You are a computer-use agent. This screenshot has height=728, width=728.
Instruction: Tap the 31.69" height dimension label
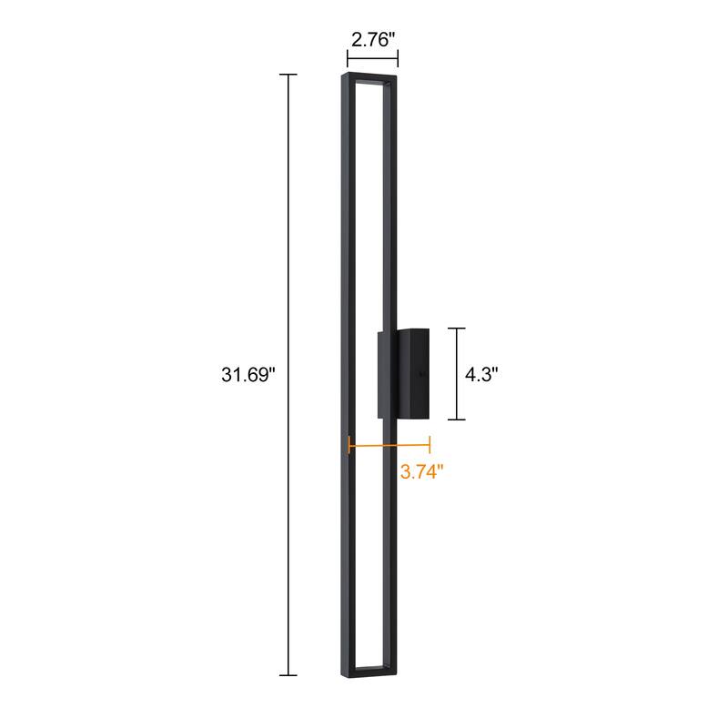pyautogui.click(x=248, y=375)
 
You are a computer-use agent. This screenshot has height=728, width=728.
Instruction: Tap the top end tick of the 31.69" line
pyautogui.click(x=288, y=75)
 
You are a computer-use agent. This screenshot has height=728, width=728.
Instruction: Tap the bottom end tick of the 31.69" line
pyautogui.click(x=288, y=674)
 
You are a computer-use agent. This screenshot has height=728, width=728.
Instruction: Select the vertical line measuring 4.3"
pyautogui.click(x=456, y=373)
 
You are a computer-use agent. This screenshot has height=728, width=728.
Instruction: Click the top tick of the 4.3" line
pyautogui.click(x=456, y=329)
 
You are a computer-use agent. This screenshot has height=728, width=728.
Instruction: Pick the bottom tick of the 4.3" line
pyautogui.click(x=456, y=419)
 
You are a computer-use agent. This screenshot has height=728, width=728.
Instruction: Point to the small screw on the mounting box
pyautogui.click(x=420, y=372)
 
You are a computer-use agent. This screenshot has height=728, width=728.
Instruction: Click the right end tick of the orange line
pyautogui.click(x=429, y=445)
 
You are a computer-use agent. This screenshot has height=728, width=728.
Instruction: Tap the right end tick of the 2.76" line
pyautogui.click(x=398, y=63)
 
